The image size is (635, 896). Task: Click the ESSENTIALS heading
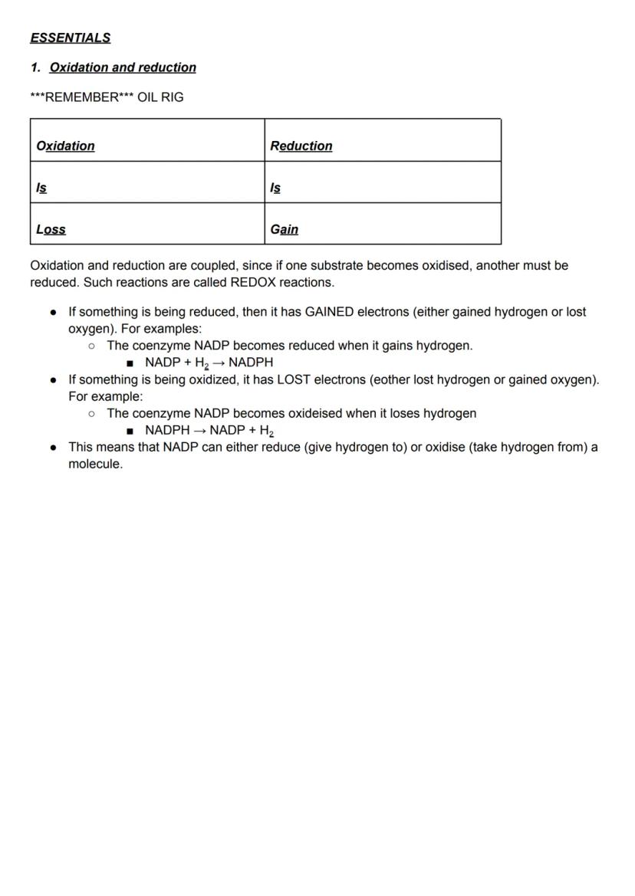[70, 38]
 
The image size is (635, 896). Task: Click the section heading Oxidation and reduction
[123, 67]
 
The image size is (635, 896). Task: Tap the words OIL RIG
[160, 97]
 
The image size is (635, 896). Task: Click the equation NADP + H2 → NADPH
[209, 363]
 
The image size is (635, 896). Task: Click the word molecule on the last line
[94, 464]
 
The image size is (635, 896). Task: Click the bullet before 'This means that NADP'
[53, 447]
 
